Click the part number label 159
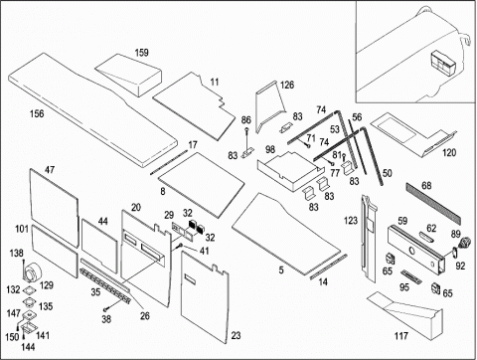click(x=142, y=53)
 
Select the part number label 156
click(x=37, y=113)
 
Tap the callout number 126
click(x=287, y=85)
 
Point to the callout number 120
click(x=449, y=152)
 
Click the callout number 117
click(x=400, y=336)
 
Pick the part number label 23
click(x=236, y=335)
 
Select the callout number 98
click(x=270, y=149)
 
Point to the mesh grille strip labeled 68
click(x=433, y=203)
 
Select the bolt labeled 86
click(x=247, y=138)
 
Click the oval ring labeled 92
click(x=454, y=253)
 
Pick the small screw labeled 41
click(x=180, y=246)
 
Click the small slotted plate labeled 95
click(x=411, y=277)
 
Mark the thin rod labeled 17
click(x=169, y=162)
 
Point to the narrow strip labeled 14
click(x=329, y=267)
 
